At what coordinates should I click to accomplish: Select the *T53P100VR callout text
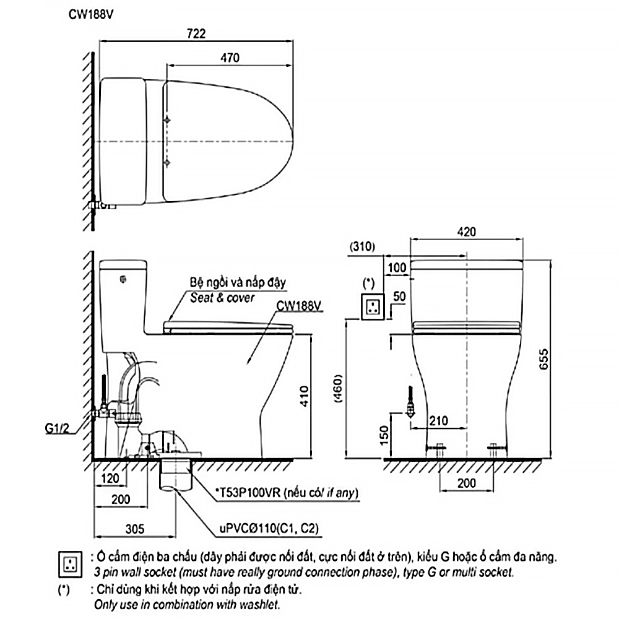[287, 493]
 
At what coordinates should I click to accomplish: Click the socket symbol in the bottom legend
[68, 561]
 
